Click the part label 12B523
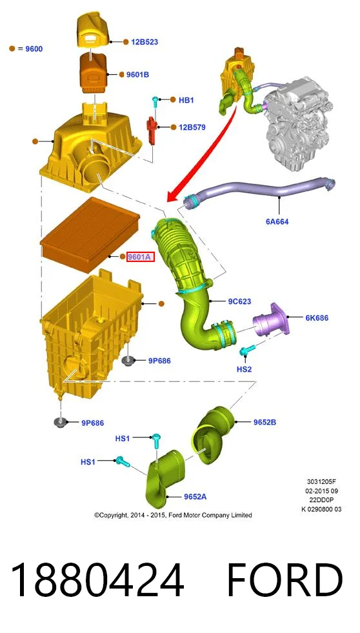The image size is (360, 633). pos(144,41)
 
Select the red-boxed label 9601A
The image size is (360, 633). pos(141,257)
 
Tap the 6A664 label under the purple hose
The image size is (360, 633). pos(277,221)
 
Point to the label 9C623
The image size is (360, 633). pos(239,301)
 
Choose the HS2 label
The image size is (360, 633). pos(244,369)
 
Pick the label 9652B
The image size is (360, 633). pos(265,422)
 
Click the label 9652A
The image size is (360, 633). pos(195,497)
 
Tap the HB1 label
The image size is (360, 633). pos(186,100)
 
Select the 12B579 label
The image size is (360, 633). pos(192,127)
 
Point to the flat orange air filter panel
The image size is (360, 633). pos(90,234)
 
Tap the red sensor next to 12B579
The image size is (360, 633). pos(152,130)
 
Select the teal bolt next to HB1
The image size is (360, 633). pos(155,103)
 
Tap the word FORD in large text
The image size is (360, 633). pos(285,581)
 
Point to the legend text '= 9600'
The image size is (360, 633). pos(31,49)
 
